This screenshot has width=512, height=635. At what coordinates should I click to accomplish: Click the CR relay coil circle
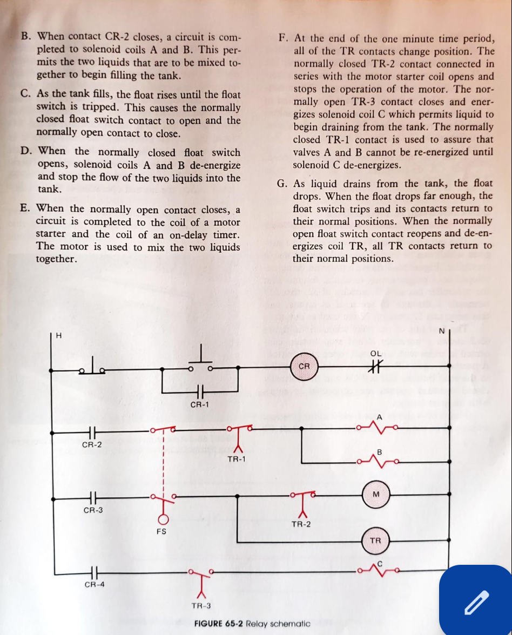(x=304, y=366)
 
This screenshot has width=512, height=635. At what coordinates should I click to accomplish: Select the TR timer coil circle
(x=376, y=541)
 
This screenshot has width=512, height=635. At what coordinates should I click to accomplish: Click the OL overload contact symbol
(x=376, y=366)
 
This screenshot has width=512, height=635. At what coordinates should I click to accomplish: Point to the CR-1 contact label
(x=200, y=404)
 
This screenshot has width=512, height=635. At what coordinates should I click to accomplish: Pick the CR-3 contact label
(x=93, y=510)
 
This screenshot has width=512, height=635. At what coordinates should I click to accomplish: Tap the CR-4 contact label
(x=94, y=584)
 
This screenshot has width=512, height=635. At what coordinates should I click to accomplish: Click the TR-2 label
(x=301, y=524)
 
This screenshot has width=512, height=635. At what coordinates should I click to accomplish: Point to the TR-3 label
(x=201, y=605)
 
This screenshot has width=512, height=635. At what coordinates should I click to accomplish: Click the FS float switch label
(x=161, y=531)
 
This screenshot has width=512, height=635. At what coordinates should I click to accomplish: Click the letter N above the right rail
(x=441, y=330)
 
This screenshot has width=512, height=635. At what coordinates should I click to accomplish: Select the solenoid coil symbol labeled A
(x=379, y=428)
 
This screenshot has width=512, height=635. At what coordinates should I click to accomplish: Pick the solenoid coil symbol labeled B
(x=379, y=462)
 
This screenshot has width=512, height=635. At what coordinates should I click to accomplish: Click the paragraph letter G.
(x=282, y=184)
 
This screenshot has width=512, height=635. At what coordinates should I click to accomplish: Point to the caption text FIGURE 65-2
(x=218, y=624)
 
